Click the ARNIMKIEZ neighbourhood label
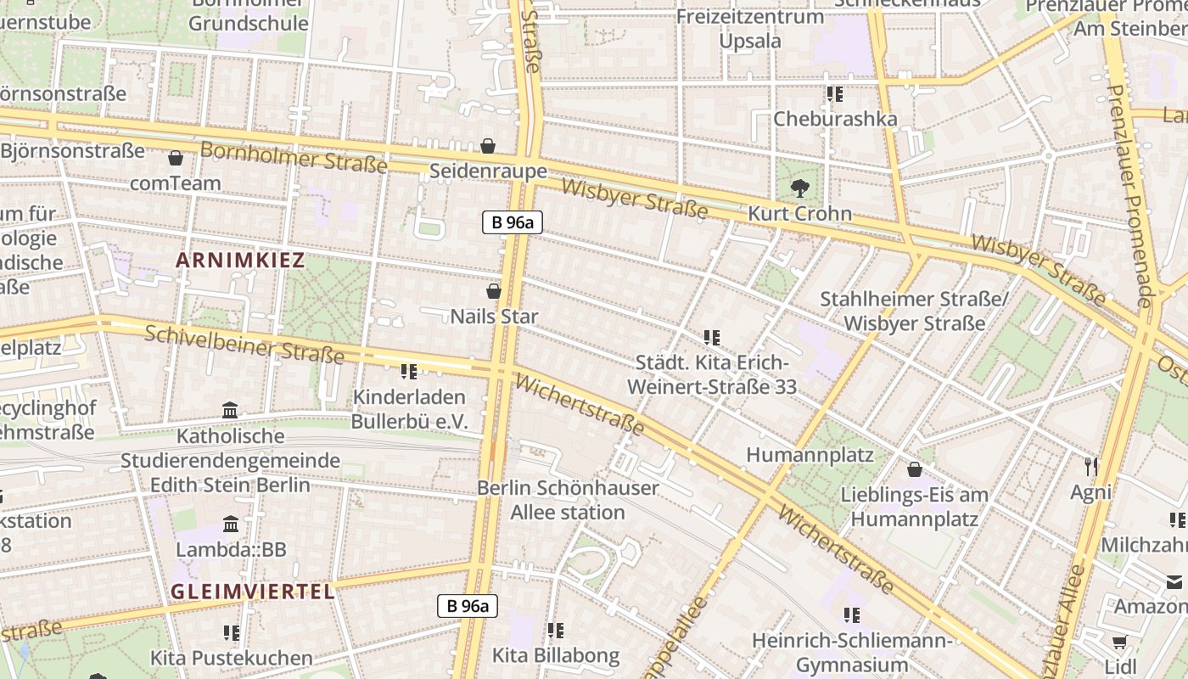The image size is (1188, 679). (239, 261)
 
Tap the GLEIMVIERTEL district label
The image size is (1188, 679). (253, 592)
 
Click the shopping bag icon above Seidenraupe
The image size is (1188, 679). (488, 146)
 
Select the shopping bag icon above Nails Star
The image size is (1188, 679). (494, 291)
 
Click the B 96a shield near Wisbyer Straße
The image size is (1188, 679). (513, 222)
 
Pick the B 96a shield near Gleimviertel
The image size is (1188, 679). (468, 605)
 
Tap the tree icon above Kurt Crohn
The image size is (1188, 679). (799, 188)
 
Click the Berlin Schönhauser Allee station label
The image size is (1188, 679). (568, 500)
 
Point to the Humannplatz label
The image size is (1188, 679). (810, 455)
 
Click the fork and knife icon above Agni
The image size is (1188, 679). (1091, 466)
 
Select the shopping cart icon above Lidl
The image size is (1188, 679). (1119, 643)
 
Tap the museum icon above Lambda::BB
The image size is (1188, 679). (231, 524)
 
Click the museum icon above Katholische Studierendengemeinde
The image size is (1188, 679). (230, 411)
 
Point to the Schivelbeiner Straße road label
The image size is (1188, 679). (244, 343)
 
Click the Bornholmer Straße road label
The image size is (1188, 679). (294, 158)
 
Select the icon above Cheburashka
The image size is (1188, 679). (834, 93)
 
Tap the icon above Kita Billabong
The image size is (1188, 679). (556, 630)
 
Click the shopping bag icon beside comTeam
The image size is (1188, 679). (176, 158)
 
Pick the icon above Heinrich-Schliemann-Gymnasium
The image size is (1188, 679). (852, 614)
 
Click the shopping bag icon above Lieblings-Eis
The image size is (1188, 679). (915, 469)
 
